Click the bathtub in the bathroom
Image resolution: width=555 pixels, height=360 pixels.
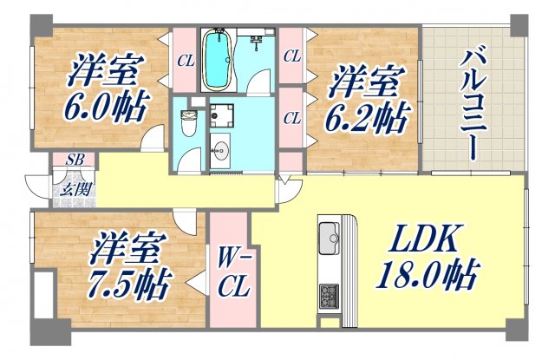(x=217, y=61)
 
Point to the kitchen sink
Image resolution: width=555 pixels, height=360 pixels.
(x=330, y=235)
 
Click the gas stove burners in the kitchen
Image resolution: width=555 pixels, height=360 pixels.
(x=330, y=295)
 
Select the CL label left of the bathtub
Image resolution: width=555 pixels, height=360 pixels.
(x=185, y=62)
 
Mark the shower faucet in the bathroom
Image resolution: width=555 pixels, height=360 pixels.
(x=257, y=40)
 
